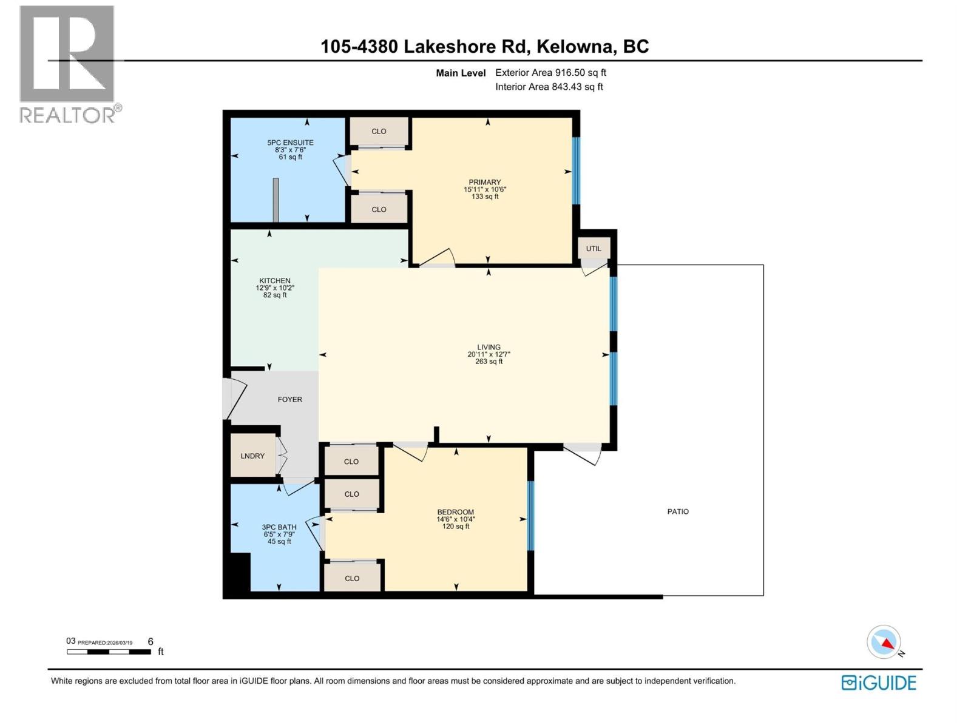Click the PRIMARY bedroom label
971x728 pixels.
coord(484,182)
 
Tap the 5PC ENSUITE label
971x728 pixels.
coord(290,143)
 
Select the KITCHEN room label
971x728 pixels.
coord(275,281)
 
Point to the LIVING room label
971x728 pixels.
coord(489,347)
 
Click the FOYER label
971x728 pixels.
coord(289,399)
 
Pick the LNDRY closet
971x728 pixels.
coord(252,456)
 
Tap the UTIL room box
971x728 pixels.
coord(594,249)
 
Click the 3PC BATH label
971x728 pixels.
coord(279,527)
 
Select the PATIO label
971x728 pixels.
coord(678,511)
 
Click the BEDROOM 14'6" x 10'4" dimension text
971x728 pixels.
coord(456,519)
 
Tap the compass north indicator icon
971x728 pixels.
coord(884,642)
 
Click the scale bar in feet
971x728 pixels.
coord(109,652)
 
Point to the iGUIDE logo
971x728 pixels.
coord(879,682)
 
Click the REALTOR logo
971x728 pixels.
coord(67,64)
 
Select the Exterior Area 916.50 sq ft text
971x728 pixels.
coord(550,72)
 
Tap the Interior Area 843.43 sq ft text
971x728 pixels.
coord(549,87)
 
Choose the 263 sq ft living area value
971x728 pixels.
coord(489,362)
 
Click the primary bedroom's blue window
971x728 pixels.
coord(576,171)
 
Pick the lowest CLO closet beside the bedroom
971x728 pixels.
coord(352,578)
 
